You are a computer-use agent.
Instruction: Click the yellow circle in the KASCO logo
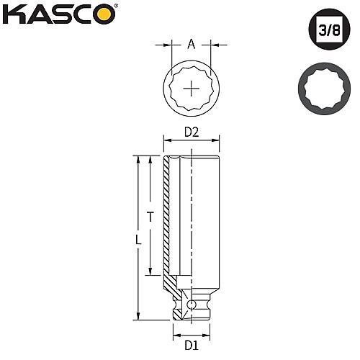(x=105, y=14)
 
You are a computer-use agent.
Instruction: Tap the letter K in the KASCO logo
(x=13, y=14)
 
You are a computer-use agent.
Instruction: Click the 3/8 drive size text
(x=329, y=30)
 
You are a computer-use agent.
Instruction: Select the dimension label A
(x=191, y=44)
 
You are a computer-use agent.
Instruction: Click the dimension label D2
(x=192, y=132)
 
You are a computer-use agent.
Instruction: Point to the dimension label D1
(x=192, y=346)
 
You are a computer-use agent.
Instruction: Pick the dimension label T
(x=150, y=217)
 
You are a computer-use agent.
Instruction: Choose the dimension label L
(x=138, y=240)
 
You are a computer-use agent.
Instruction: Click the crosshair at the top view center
(x=192, y=89)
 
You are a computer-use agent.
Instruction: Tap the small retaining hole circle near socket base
(x=192, y=305)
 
